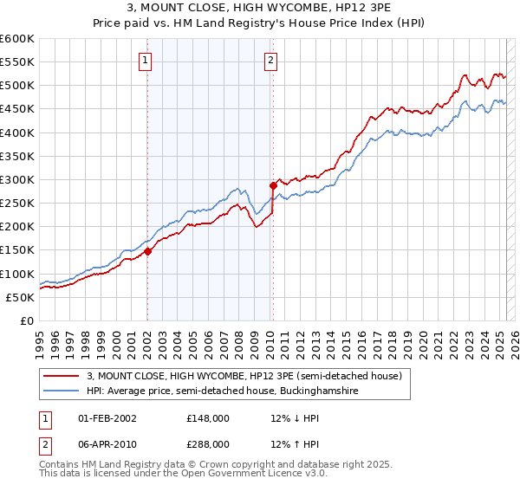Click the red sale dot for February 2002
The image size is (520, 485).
147,251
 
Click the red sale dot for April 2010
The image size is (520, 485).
273,184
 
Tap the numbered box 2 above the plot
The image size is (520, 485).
270,60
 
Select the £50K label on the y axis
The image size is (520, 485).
20,297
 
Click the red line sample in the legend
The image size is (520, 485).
62,377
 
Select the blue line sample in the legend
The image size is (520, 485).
62,391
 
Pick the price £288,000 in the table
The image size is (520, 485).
207,443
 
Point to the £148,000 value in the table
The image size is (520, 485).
207,418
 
